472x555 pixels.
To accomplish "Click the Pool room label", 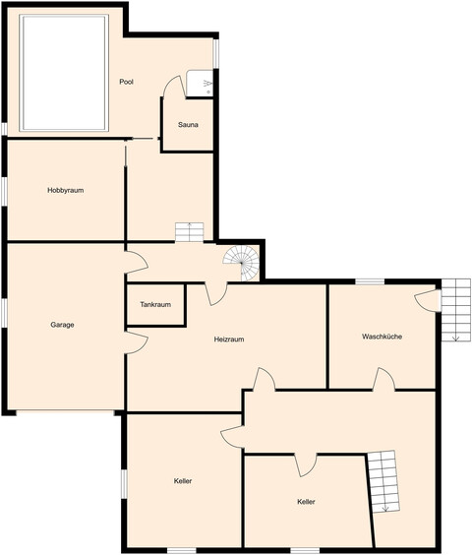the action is click(x=126, y=82).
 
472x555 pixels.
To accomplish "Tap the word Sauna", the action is click(x=188, y=125).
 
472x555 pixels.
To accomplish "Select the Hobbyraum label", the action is click(x=66, y=191).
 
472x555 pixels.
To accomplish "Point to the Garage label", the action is click(x=62, y=325).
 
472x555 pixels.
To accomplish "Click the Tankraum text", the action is click(x=155, y=304).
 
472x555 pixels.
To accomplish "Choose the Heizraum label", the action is click(x=229, y=339).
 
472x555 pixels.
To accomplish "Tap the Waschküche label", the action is click(x=382, y=337).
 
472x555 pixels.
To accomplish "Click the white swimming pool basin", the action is click(x=64, y=73).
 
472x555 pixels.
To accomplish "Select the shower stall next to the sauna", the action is click(x=200, y=84).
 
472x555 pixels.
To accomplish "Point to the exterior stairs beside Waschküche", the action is click(x=456, y=310).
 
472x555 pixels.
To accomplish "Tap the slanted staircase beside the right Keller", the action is click(x=383, y=481).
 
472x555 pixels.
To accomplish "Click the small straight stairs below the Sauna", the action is click(x=190, y=232).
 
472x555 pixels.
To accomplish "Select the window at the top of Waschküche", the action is click(x=370, y=281).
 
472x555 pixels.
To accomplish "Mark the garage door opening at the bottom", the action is click(x=65, y=411).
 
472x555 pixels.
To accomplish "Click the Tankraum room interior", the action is click(x=155, y=304).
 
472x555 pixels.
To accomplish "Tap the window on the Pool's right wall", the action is click(x=216, y=53).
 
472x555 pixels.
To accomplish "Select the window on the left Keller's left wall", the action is click(x=124, y=484).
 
